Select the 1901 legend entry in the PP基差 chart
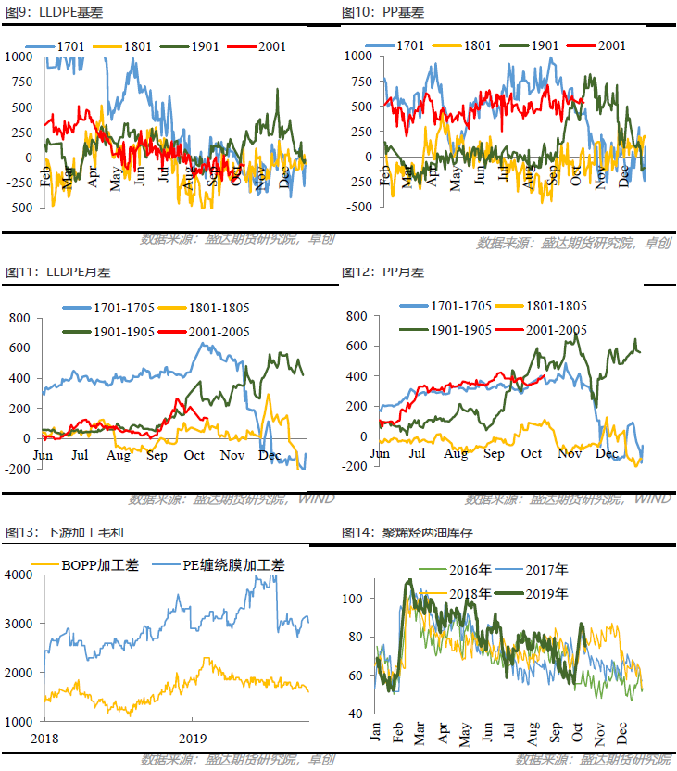tap(533, 44)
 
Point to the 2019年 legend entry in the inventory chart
tap(541, 593)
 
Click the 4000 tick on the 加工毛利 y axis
tap(19, 575)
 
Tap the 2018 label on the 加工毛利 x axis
tap(45, 738)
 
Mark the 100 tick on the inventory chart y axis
tap(351, 598)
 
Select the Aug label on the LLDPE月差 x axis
tap(119, 456)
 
